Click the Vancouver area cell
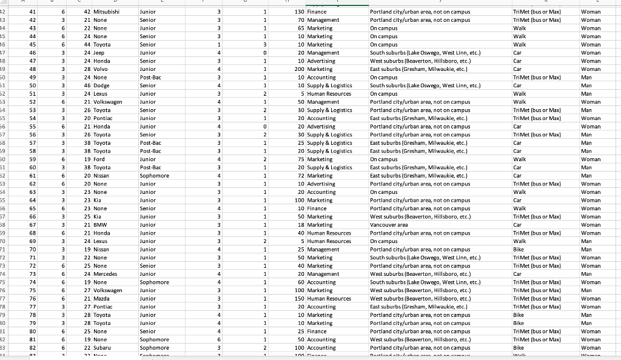(x=389, y=225)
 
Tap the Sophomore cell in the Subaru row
(x=154, y=348)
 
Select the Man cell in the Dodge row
(x=586, y=85)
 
